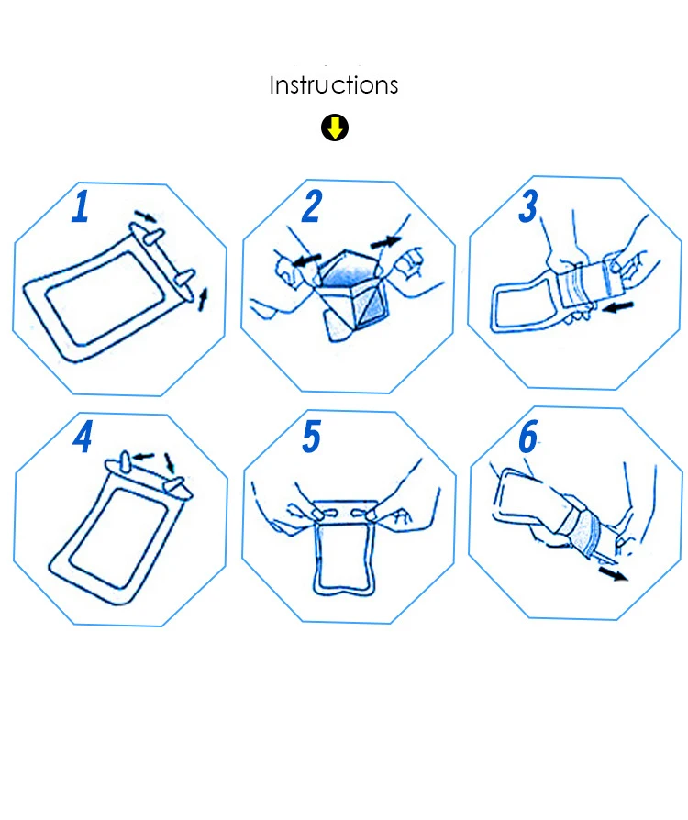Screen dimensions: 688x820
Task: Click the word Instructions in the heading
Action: (x=334, y=85)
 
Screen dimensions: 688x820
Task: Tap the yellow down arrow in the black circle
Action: (x=335, y=127)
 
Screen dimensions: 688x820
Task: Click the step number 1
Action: (x=81, y=206)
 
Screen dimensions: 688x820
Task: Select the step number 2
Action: (x=312, y=206)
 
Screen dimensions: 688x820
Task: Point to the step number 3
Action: (x=527, y=206)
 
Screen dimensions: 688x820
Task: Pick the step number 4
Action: (x=83, y=437)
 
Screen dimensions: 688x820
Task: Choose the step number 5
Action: (x=311, y=437)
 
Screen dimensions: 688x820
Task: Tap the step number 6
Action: (x=527, y=437)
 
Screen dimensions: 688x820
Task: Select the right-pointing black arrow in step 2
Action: (x=385, y=242)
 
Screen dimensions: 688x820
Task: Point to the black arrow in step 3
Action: (x=618, y=307)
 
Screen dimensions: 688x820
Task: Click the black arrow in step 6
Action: (x=613, y=573)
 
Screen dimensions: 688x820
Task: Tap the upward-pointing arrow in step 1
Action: (x=203, y=300)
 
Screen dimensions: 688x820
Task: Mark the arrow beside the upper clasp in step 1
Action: (x=146, y=216)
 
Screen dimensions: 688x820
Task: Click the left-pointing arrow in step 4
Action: (x=143, y=457)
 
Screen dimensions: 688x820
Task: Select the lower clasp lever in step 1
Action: (x=184, y=278)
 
